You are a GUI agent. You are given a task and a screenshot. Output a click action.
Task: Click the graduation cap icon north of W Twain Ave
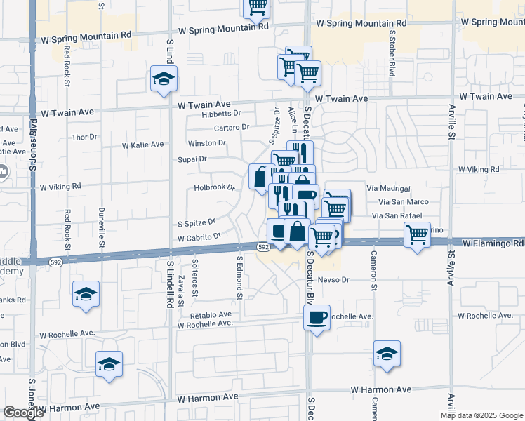click(x=164, y=79)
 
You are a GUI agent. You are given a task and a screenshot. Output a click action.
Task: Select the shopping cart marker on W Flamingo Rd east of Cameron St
click(x=418, y=235)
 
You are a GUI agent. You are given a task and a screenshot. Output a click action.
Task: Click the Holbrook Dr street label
click(x=213, y=188)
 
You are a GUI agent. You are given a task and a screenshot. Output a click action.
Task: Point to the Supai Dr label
click(x=193, y=159)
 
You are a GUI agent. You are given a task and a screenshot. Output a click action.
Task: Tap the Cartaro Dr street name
click(x=232, y=128)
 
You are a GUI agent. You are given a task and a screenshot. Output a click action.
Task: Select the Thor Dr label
click(x=84, y=137)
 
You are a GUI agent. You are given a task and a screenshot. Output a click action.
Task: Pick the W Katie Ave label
click(x=142, y=145)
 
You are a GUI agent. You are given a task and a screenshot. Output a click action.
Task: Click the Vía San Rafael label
click(x=397, y=215)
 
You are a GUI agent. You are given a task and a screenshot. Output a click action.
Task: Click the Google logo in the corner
click(x=23, y=413)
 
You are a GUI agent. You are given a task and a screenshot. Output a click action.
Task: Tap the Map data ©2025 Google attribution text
click(x=481, y=415)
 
